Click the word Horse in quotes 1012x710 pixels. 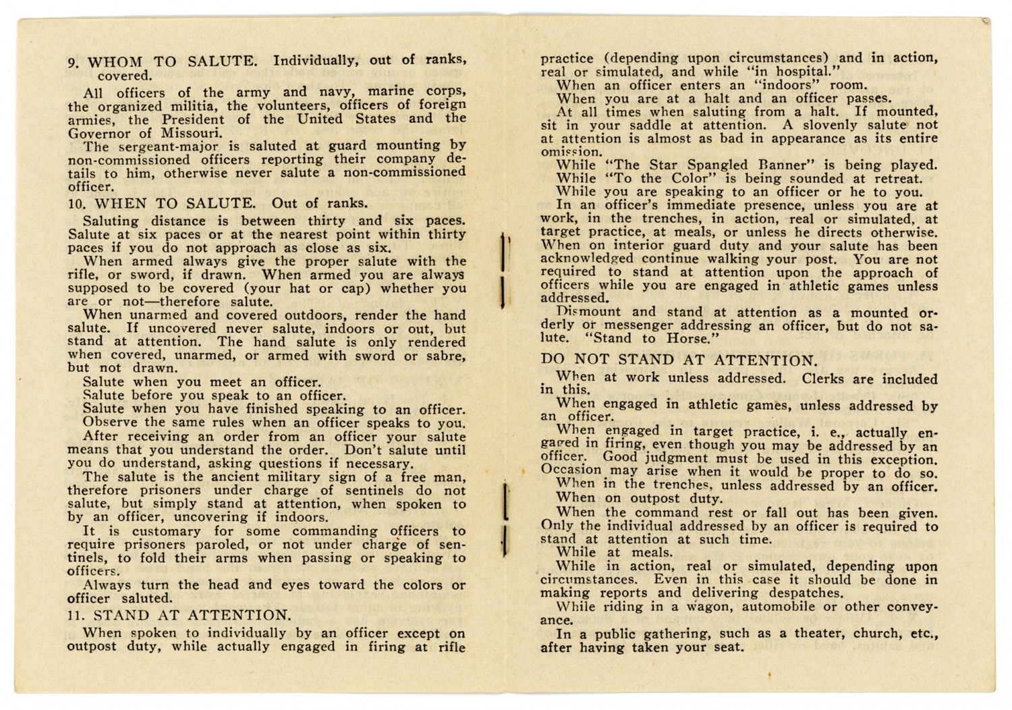pos(690,339)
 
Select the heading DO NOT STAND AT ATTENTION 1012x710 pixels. pos(679,361)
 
